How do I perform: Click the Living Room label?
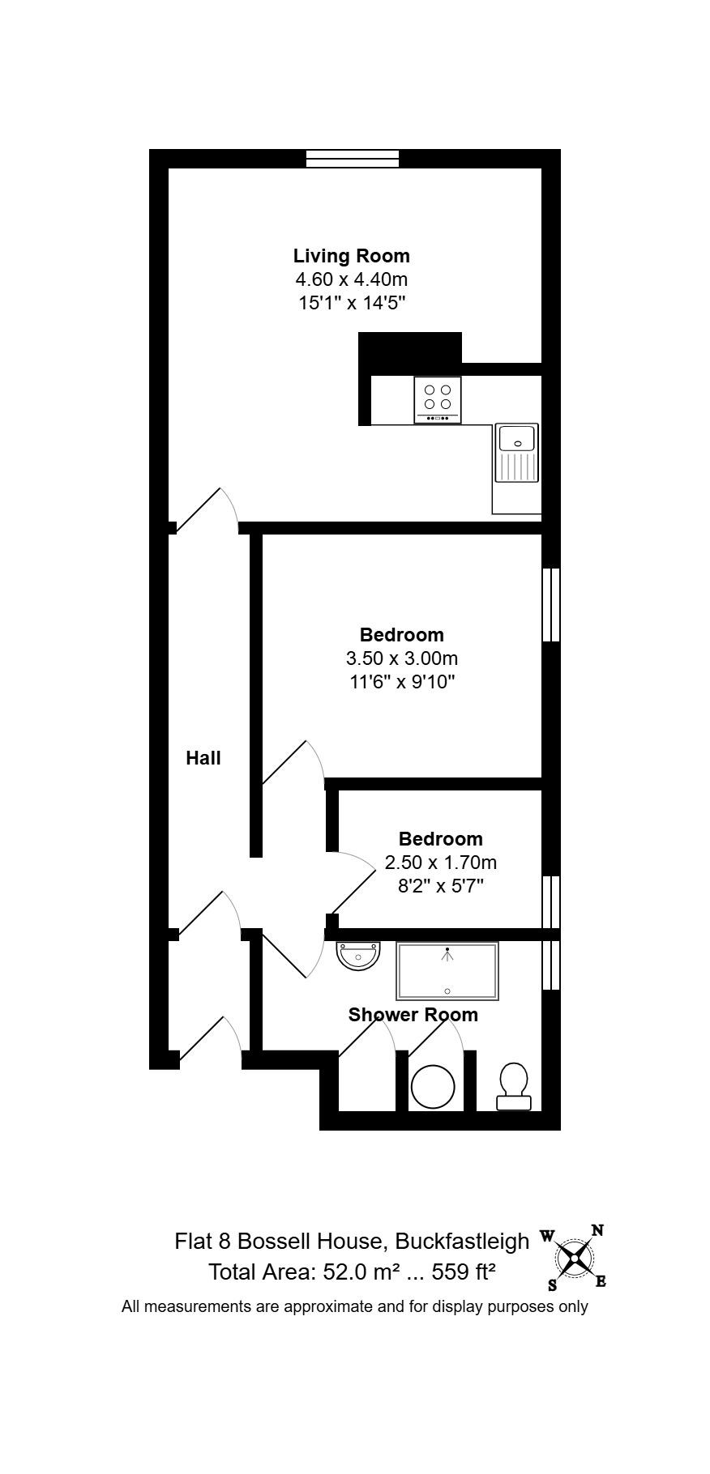pyautogui.click(x=351, y=256)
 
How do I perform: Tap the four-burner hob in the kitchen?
pyautogui.click(x=438, y=399)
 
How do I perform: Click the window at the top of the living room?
pyautogui.click(x=353, y=159)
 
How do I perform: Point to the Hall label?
pyautogui.click(x=203, y=758)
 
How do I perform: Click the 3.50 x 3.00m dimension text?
pyautogui.click(x=402, y=658)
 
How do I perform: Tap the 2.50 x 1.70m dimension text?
pyautogui.click(x=440, y=862)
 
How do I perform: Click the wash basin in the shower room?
pyautogui.click(x=358, y=956)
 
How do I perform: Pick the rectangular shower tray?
pyautogui.click(x=447, y=970)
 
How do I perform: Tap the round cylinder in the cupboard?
pyautogui.click(x=433, y=1086)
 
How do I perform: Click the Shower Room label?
pyautogui.click(x=413, y=1015)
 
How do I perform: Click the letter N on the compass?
pyautogui.click(x=597, y=1231)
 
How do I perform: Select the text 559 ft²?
pyautogui.click(x=464, y=1272)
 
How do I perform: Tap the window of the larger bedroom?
pyautogui.click(x=551, y=604)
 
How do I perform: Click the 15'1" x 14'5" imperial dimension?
pyautogui.click(x=351, y=303)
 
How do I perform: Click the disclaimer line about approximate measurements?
pyautogui.click(x=355, y=1306)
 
